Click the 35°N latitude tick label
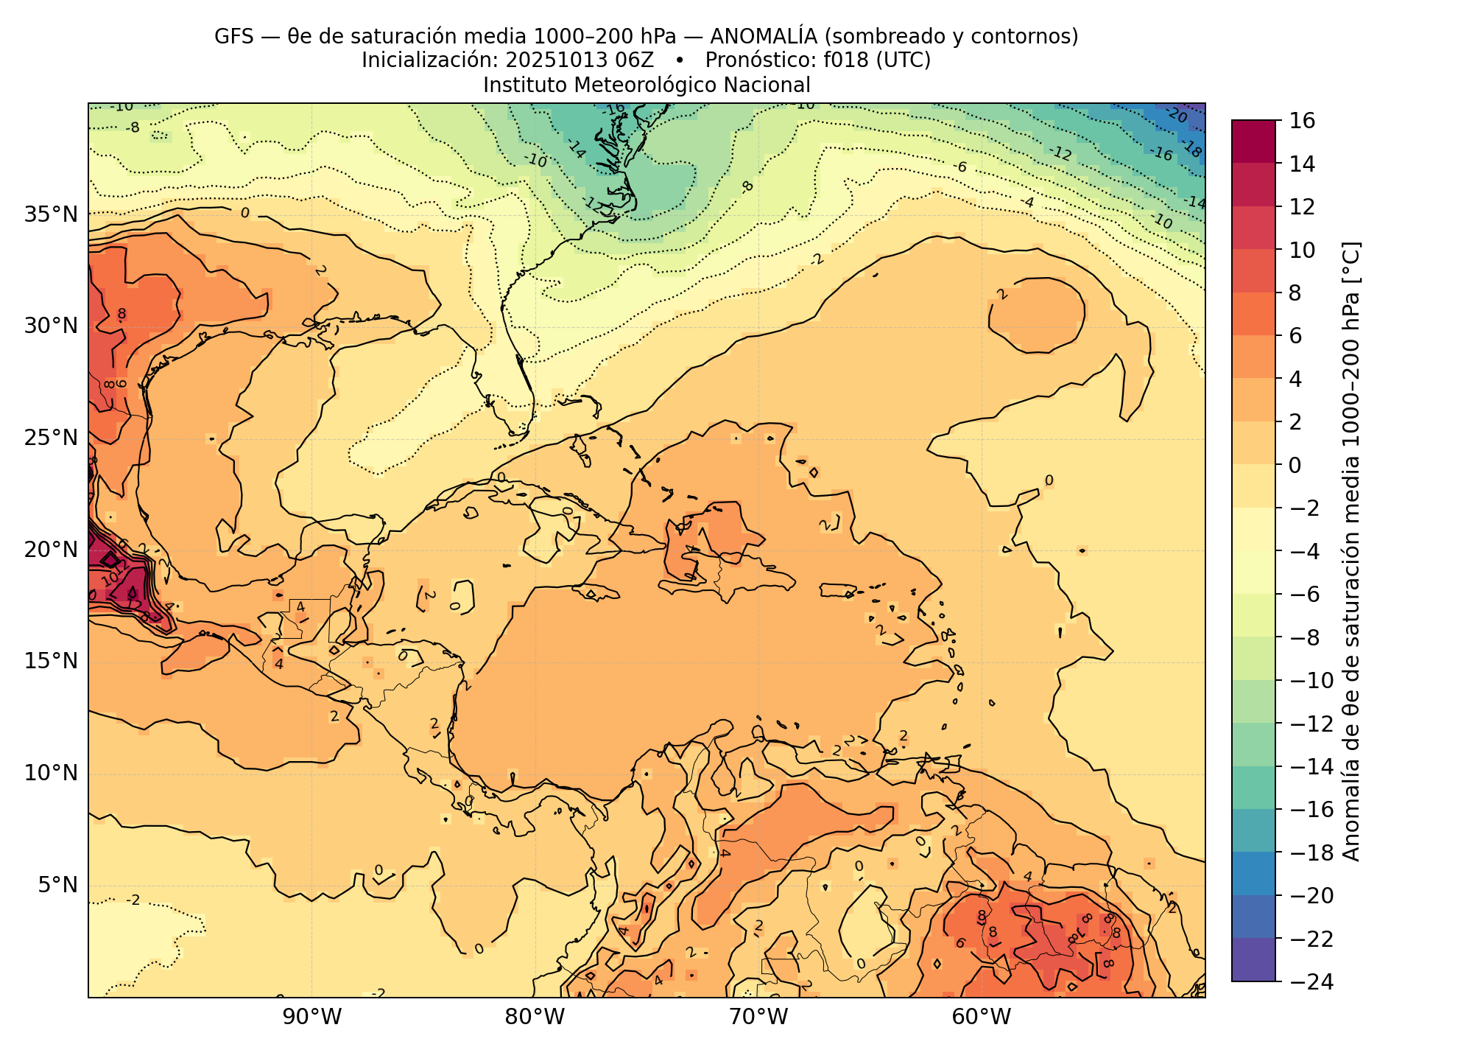click(x=51, y=214)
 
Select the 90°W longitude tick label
click(x=312, y=1018)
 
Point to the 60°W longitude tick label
click(x=982, y=1018)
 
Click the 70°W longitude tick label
click(x=758, y=1018)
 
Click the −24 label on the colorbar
click(x=1308, y=981)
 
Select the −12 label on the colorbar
click(x=1308, y=724)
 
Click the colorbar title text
click(x=1352, y=551)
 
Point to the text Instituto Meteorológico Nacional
click(x=647, y=85)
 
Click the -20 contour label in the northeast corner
click(x=1176, y=116)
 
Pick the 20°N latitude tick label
click(x=51, y=550)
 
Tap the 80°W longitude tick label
click(x=535, y=1018)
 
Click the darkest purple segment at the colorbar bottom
click(x=1253, y=959)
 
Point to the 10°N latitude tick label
click(x=51, y=773)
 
